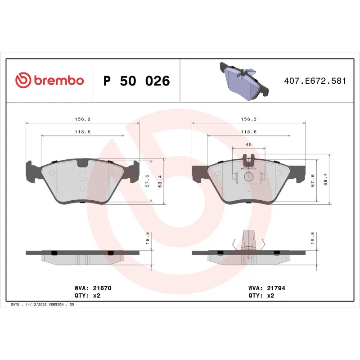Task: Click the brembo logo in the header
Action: (49, 80)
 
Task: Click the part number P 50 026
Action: (136, 81)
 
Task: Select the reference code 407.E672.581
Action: (315, 81)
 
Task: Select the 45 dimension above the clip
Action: (248, 144)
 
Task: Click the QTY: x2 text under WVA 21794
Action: (261, 296)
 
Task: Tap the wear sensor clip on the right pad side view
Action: (247, 241)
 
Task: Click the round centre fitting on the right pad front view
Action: (247, 177)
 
